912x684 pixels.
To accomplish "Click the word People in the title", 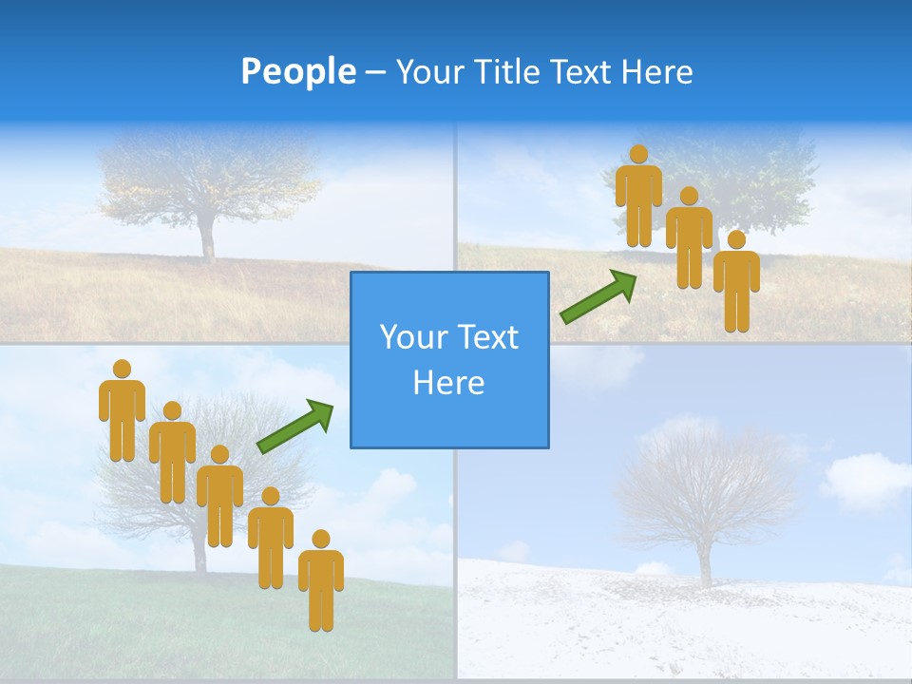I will (x=297, y=71).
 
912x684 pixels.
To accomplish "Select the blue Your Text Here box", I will (x=449, y=360).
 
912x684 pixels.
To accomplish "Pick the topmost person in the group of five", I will (x=122, y=413).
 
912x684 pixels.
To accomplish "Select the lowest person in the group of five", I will (x=321, y=583).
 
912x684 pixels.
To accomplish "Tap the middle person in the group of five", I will (x=219, y=498).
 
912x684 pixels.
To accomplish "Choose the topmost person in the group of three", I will (x=638, y=198).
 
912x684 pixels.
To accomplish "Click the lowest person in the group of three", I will (x=736, y=283).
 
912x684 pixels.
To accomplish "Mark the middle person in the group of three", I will (x=689, y=239).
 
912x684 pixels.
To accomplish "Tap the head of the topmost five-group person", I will (x=122, y=369).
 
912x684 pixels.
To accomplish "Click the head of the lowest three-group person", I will (x=736, y=239).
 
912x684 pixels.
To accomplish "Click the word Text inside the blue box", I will (x=484, y=338).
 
